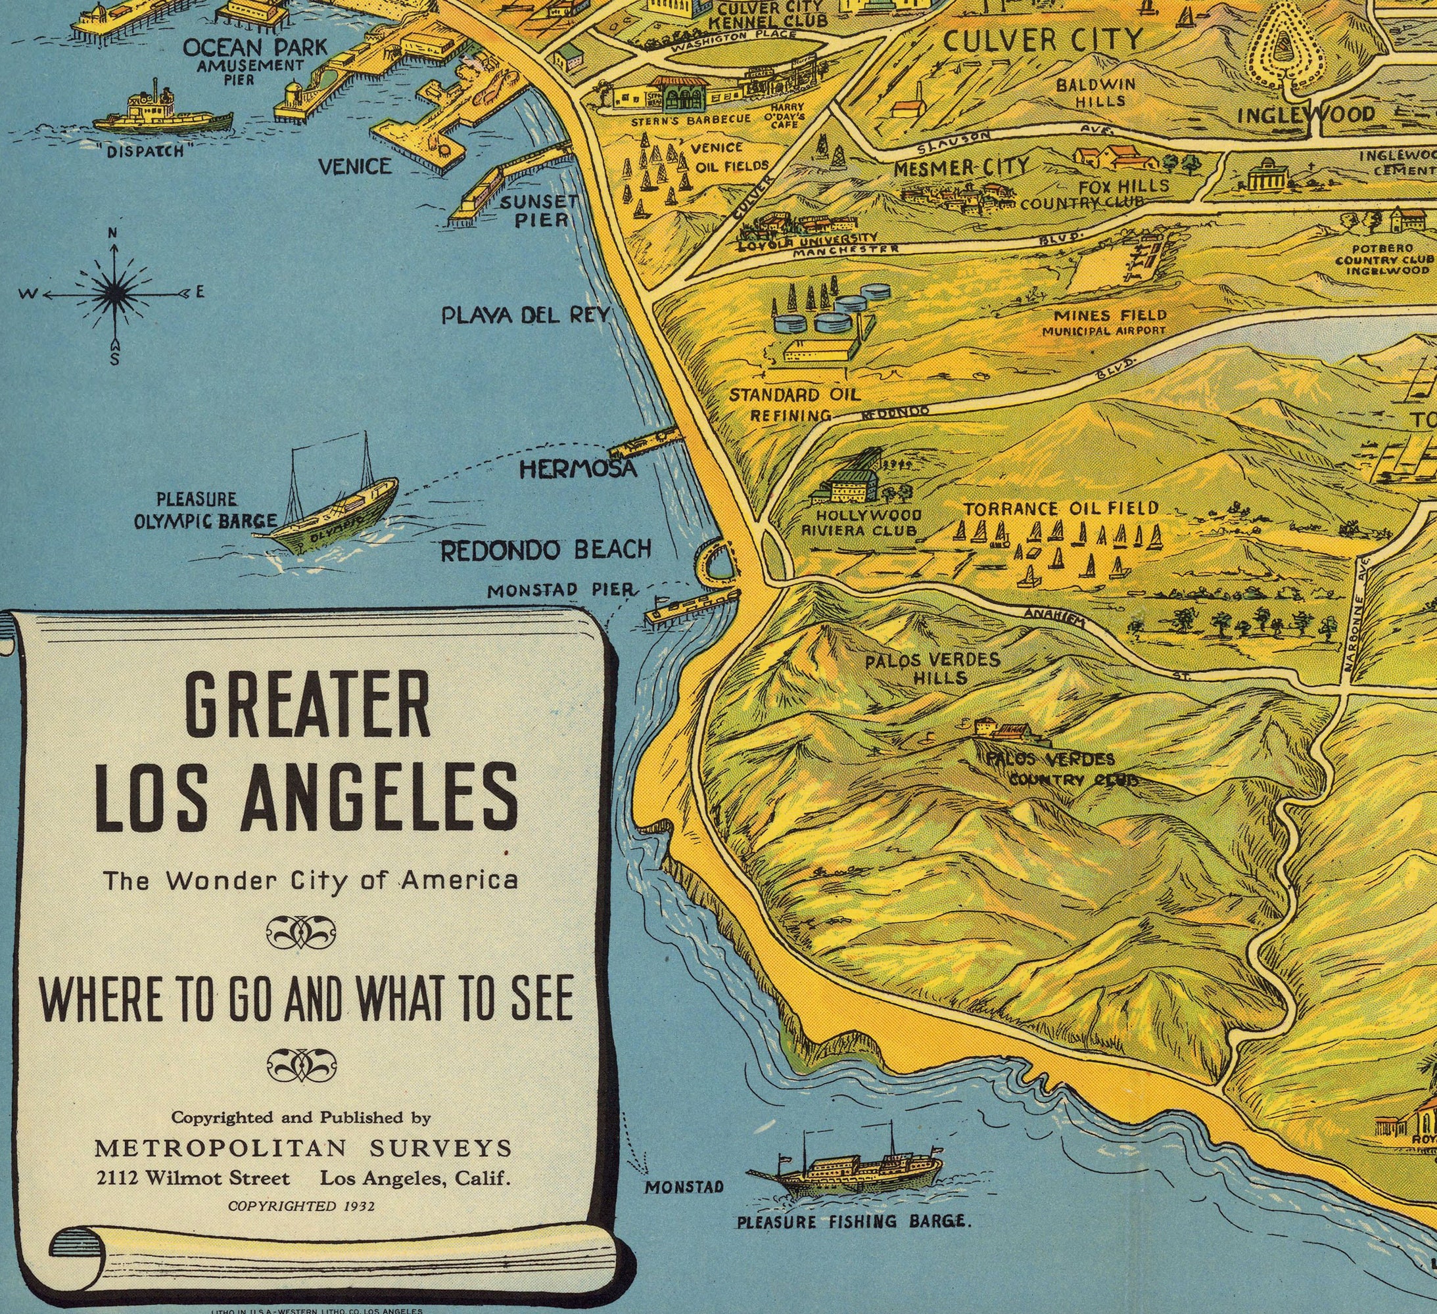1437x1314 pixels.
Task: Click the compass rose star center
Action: pyautogui.click(x=114, y=293)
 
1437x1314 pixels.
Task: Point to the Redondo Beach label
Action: pyautogui.click(x=546, y=549)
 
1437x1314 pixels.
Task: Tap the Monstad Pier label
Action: pyautogui.click(x=561, y=590)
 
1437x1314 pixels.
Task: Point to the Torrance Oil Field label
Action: pyautogui.click(x=1060, y=509)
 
